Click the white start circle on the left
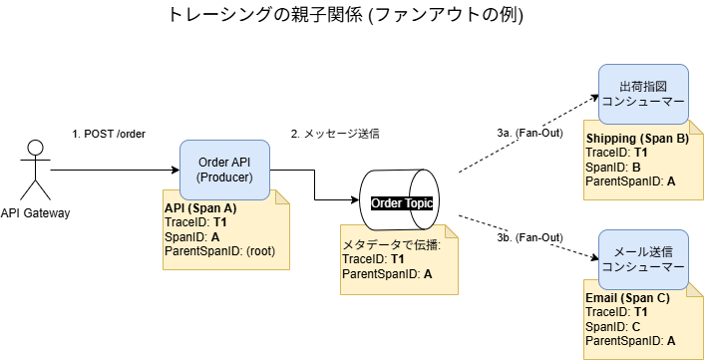point(35,148)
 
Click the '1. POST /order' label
point(109,134)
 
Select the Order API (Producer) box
point(224,171)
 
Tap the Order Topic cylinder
point(399,202)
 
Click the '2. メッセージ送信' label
point(334,134)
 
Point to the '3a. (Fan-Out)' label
point(529,133)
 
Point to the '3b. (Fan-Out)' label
point(529,237)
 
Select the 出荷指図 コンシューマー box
point(643,95)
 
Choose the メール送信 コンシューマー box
point(643,259)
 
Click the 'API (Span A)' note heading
point(199,207)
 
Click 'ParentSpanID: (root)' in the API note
point(219,251)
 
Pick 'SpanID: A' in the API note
point(191,237)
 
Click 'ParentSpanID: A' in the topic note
point(389,273)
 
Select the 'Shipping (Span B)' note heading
point(637,139)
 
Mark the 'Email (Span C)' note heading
point(627,298)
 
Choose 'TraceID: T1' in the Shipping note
point(616,153)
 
